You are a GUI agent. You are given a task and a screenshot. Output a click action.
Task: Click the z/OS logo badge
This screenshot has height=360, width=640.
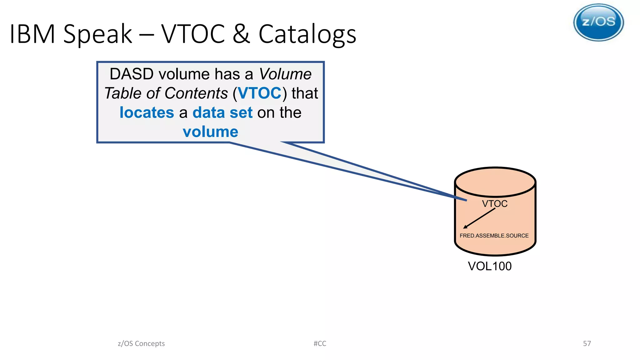coord(598,22)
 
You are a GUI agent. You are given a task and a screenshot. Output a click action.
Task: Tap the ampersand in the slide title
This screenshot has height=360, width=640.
coord(241,34)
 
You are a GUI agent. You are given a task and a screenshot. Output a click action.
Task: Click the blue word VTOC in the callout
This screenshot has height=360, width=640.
coord(260,93)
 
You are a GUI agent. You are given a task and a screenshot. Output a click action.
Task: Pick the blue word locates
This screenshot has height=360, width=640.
coord(147,112)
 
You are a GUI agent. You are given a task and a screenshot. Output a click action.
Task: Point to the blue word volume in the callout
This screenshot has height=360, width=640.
coord(210,132)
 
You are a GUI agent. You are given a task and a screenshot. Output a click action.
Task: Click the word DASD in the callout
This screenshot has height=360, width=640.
coord(132,74)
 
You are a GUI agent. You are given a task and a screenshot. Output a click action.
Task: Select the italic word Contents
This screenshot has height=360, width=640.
coord(196,93)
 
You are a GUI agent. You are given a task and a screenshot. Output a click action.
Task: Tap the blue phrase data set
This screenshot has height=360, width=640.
coord(222,112)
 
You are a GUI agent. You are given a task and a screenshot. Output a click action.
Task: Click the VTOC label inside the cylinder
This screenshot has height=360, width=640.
coord(494,204)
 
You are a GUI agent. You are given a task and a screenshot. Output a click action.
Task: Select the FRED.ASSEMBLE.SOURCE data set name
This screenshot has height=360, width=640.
coord(494,236)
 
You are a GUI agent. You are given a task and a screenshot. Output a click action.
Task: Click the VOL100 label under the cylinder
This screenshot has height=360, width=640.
coord(490,266)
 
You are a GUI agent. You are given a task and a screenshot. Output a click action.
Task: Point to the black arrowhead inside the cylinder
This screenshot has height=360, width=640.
coord(465,227)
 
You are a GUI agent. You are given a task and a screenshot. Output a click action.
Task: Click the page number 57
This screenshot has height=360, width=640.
coord(587,343)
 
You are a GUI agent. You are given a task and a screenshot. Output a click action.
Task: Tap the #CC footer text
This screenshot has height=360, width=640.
coord(320,343)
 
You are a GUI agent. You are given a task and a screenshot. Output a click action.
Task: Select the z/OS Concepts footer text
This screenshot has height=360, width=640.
coord(141,343)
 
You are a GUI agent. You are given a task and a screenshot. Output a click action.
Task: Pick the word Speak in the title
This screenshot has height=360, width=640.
coord(98,34)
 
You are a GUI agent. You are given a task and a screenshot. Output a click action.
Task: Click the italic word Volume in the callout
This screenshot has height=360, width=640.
coord(285,74)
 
